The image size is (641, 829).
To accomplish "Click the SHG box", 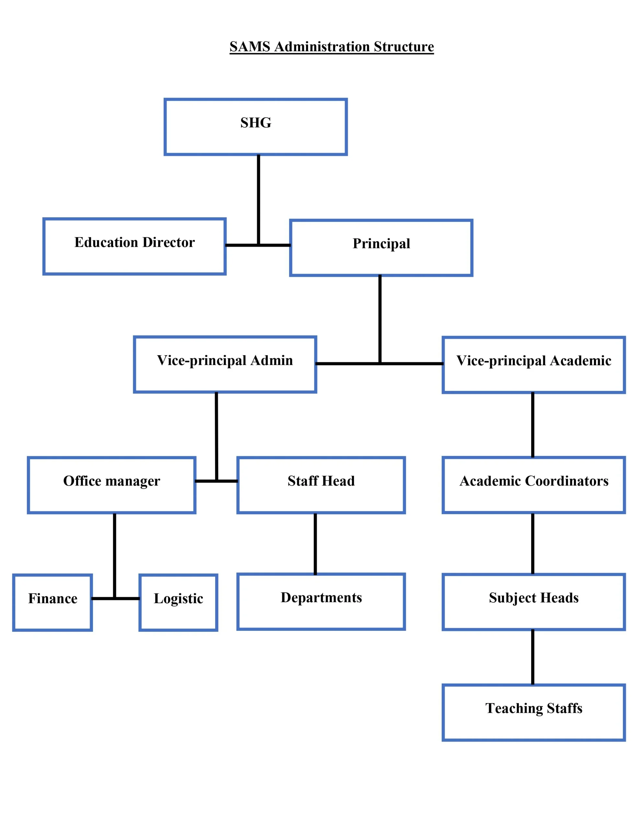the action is (x=255, y=127).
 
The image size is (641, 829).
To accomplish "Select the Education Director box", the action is (x=134, y=246).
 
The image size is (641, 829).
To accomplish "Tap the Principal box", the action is (x=381, y=248).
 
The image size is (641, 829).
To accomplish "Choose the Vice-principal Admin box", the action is (x=225, y=364).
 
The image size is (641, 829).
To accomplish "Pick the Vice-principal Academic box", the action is (x=533, y=365).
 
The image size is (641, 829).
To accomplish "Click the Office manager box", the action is (x=112, y=485).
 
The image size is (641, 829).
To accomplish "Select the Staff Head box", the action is (x=321, y=485).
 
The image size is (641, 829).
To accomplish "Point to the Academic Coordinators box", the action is (x=533, y=485).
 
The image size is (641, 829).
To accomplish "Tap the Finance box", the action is (x=52, y=602).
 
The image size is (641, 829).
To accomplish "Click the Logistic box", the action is (x=178, y=602).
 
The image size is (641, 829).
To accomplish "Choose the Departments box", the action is (x=321, y=602).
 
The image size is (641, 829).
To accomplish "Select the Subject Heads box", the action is (x=533, y=602).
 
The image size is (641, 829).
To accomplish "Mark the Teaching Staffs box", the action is (x=533, y=712).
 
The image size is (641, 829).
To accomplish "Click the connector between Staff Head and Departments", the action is (x=315, y=544).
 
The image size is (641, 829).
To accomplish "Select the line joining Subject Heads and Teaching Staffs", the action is (x=532, y=657).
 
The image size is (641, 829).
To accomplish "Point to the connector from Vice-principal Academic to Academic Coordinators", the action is (x=532, y=425).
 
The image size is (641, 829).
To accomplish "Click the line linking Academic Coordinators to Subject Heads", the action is (x=532, y=544).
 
